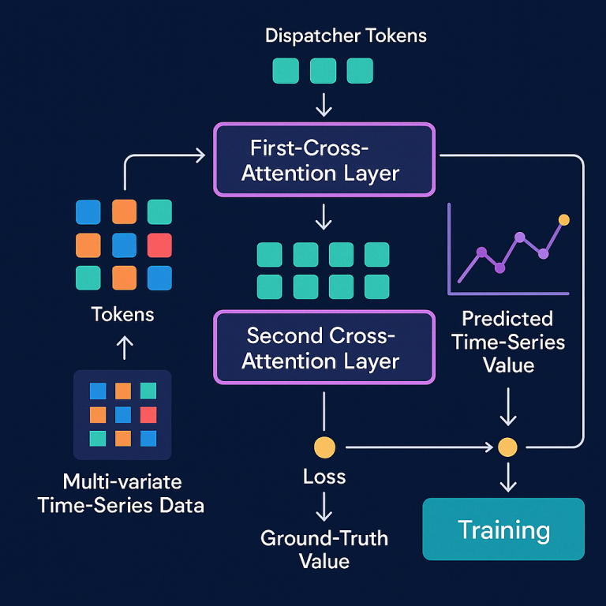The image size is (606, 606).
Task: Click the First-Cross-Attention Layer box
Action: [x=324, y=159]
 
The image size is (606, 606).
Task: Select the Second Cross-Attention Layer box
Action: [x=324, y=347]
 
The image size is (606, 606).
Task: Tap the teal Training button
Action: [x=503, y=529]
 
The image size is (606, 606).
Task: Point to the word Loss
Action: [x=324, y=477]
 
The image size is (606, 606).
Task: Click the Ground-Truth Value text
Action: [x=324, y=549]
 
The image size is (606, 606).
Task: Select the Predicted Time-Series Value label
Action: [x=507, y=342]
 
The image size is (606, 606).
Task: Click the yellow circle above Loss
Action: [x=324, y=447]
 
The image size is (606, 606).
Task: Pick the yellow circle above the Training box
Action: [x=507, y=447]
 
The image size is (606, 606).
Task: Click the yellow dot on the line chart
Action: [x=563, y=219]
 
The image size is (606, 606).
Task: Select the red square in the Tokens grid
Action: [x=159, y=245]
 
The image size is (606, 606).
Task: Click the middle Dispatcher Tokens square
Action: [x=324, y=71]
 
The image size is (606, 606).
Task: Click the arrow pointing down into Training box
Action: [x=507, y=478]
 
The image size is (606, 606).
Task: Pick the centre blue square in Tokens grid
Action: [x=124, y=245]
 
